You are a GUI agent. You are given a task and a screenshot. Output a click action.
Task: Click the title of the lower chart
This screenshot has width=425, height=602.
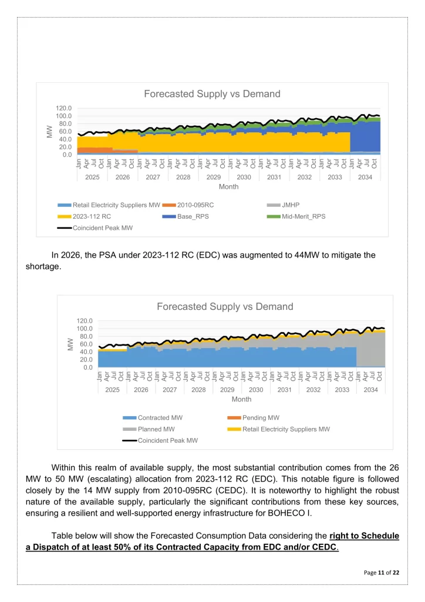pos(225,306)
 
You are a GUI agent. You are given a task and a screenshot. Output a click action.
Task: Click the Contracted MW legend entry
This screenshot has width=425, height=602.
pos(160,417)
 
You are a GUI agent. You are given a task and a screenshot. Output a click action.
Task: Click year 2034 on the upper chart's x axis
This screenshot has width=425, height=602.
pos(365,176)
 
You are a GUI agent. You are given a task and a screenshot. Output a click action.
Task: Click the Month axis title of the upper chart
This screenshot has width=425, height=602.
pos(229,186)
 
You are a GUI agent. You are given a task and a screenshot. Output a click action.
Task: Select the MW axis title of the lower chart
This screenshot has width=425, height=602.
pos(70,344)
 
